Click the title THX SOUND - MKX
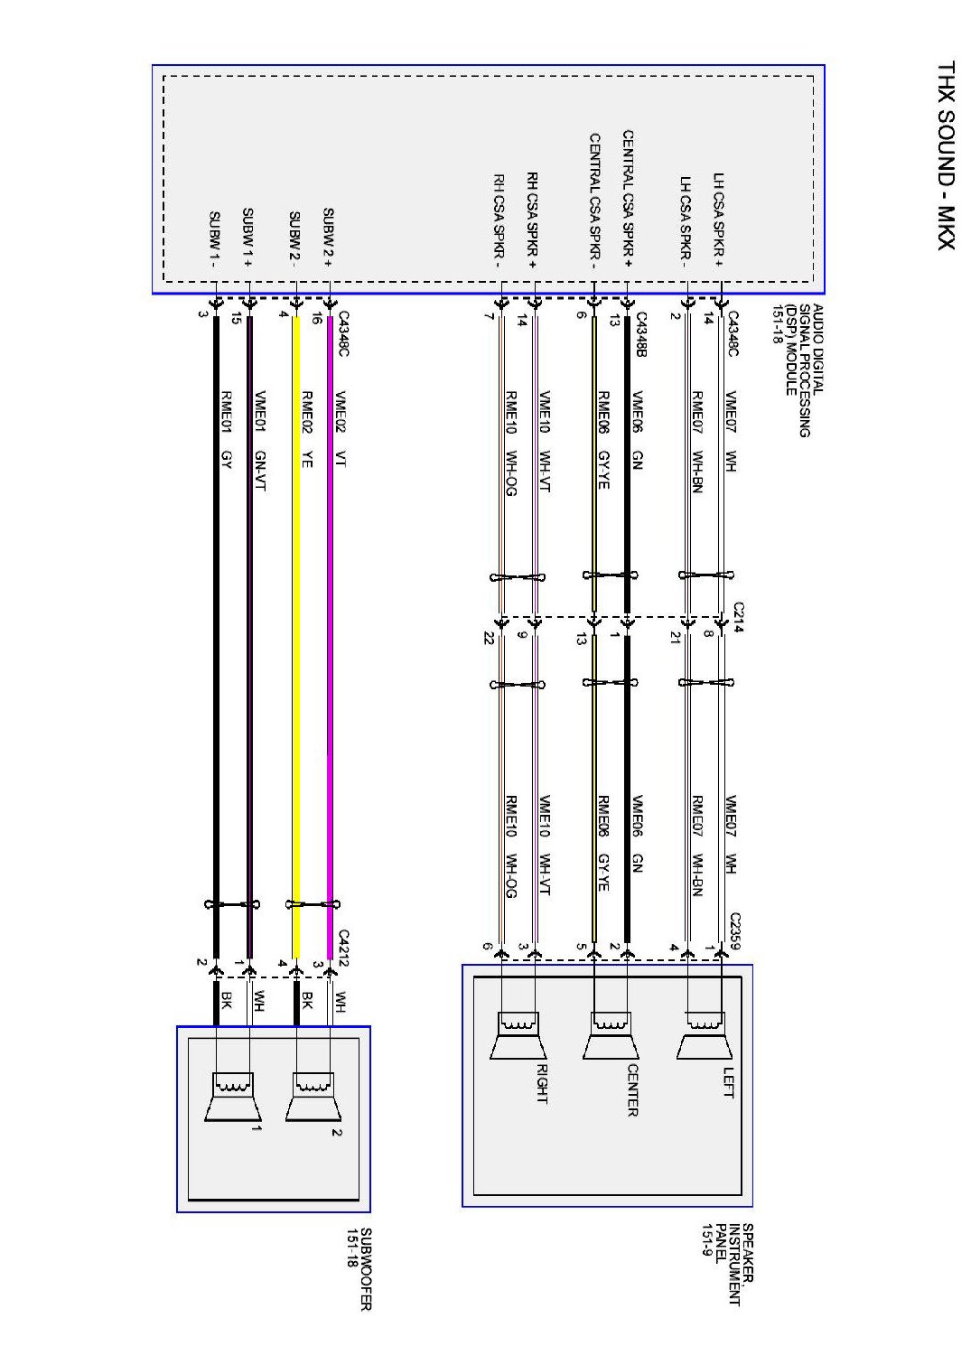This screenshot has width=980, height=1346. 945,154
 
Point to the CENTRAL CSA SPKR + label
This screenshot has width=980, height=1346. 627,200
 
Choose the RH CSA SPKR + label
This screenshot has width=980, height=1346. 532,222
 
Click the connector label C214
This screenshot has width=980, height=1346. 738,617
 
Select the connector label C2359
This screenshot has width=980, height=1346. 735,931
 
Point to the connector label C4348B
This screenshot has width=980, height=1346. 641,334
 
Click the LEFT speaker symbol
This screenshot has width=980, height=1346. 704,1035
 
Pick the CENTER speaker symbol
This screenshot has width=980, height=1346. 611,1035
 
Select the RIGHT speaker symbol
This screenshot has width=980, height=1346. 518,1035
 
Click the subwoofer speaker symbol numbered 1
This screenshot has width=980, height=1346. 233,1097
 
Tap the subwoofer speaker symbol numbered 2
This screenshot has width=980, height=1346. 313,1097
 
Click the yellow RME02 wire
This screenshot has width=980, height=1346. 295,632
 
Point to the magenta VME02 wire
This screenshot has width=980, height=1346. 330,632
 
